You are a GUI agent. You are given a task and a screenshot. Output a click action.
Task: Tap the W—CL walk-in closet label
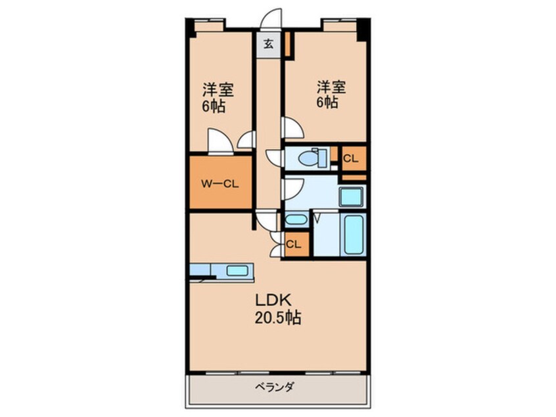click(220, 184)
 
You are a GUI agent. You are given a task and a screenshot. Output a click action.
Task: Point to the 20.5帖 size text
click(277, 318)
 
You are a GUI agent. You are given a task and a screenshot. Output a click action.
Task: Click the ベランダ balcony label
click(275, 387)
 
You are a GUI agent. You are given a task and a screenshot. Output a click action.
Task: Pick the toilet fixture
click(312, 158)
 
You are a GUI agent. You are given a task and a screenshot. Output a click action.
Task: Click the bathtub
click(354, 234)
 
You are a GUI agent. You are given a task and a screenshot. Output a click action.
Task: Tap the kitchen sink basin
click(237, 271)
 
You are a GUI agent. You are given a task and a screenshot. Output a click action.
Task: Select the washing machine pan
click(352, 196)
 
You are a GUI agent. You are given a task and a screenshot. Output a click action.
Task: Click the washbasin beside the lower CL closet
click(296, 219)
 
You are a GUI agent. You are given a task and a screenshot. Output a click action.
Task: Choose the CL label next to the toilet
click(350, 159)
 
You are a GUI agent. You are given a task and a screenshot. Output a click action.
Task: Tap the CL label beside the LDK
click(294, 244)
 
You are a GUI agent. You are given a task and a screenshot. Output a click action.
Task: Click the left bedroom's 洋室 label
click(218, 89)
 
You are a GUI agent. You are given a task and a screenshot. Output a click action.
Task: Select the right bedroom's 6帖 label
click(327, 103)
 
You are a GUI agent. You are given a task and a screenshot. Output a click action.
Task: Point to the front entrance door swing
click(271, 19)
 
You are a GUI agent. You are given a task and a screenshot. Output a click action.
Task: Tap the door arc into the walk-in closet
click(220, 141)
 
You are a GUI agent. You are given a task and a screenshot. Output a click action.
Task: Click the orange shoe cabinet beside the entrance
click(288, 44)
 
